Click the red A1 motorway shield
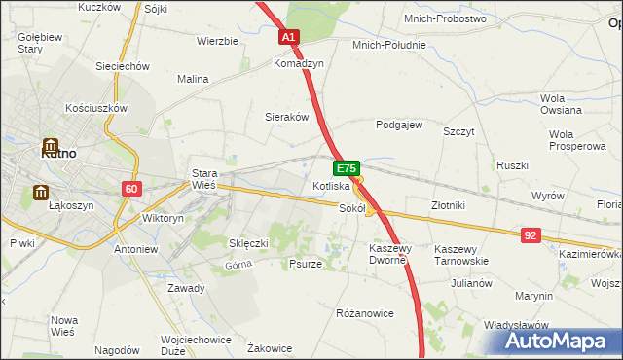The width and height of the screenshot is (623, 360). (289, 38)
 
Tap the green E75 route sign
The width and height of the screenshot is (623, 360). (348, 168)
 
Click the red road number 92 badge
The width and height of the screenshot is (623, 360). (531, 234)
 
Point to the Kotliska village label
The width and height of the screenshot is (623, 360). (331, 185)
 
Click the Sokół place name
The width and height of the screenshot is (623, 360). (351, 207)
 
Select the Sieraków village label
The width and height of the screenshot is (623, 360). (287, 116)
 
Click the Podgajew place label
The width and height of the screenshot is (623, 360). (399, 125)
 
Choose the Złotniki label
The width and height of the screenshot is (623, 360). (449, 205)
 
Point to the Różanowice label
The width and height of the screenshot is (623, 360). (363, 313)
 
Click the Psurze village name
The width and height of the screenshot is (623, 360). (306, 264)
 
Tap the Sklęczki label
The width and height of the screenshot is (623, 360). (247, 242)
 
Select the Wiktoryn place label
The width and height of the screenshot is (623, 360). (163, 219)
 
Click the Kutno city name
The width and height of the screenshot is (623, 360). (59, 153)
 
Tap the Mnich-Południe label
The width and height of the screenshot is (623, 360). (388, 44)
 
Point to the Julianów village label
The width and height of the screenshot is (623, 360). (470, 283)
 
